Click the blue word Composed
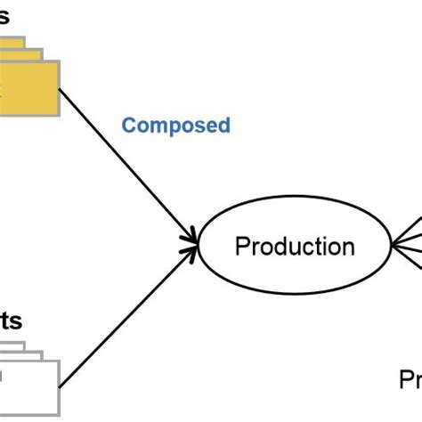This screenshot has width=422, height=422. pos(175,126)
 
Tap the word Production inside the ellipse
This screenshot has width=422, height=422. pos(294,247)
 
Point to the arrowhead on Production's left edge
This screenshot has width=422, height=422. pos(191,239)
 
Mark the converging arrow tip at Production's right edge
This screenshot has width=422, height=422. pos(394,243)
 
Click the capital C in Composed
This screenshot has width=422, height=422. pos(128,126)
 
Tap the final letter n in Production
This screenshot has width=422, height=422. pos(347,247)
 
